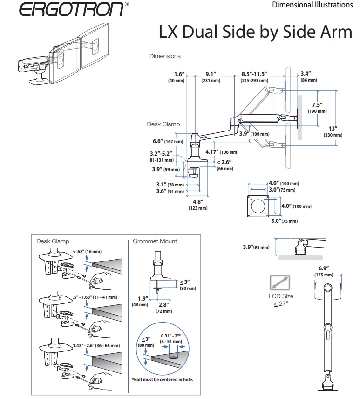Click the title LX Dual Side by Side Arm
(256, 33)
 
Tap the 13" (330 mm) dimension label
(333, 131)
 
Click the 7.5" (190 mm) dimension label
(317, 108)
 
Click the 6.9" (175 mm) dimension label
(323, 271)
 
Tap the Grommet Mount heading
(155, 241)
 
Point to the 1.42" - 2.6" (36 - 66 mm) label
(96, 345)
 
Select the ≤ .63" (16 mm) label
(87, 252)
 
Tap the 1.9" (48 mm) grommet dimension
(143, 301)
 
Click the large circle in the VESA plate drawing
(257, 206)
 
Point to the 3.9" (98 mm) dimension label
(256, 247)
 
